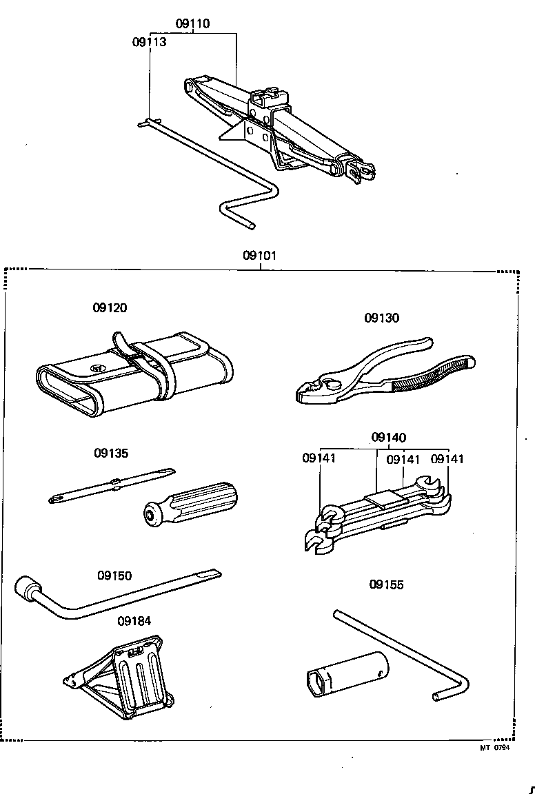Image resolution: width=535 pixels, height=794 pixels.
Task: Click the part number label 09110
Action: click(192, 24)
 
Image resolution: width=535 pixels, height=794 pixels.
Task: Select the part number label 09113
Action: click(149, 42)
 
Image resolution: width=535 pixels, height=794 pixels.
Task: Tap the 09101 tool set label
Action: click(259, 256)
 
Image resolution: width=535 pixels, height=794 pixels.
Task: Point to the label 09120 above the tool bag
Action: click(110, 308)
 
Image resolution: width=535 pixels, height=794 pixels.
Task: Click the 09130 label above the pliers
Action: click(382, 318)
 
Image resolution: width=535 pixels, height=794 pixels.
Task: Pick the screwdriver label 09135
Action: click(111, 454)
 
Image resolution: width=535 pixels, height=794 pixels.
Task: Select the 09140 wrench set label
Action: click(389, 437)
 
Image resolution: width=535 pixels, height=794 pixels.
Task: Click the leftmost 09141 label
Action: click(319, 458)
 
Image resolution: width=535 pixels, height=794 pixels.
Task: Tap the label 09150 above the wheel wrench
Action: click(114, 576)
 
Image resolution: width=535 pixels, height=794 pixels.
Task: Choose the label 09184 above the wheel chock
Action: click(134, 621)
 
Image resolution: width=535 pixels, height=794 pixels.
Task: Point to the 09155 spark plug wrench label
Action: click(386, 584)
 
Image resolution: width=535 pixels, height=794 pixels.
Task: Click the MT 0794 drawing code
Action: click(494, 748)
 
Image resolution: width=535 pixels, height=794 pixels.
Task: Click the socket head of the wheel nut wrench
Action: click(28, 589)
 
